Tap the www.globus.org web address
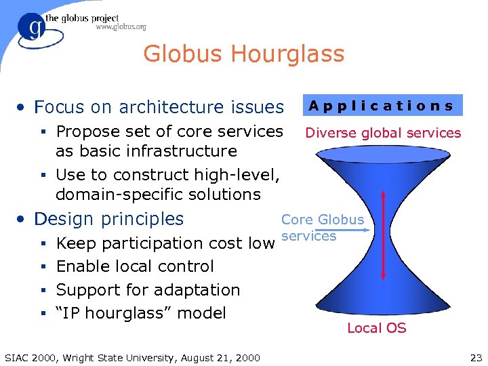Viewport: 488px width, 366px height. [121, 27]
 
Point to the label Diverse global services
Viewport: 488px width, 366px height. [383, 133]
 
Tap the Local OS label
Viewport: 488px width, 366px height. [376, 328]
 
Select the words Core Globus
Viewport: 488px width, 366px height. [323, 220]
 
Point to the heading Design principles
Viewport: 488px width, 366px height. [108, 219]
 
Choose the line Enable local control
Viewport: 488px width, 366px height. [135, 266]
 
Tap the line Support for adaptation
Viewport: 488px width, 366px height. [148, 290]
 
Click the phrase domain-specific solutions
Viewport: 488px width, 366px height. [158, 195]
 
